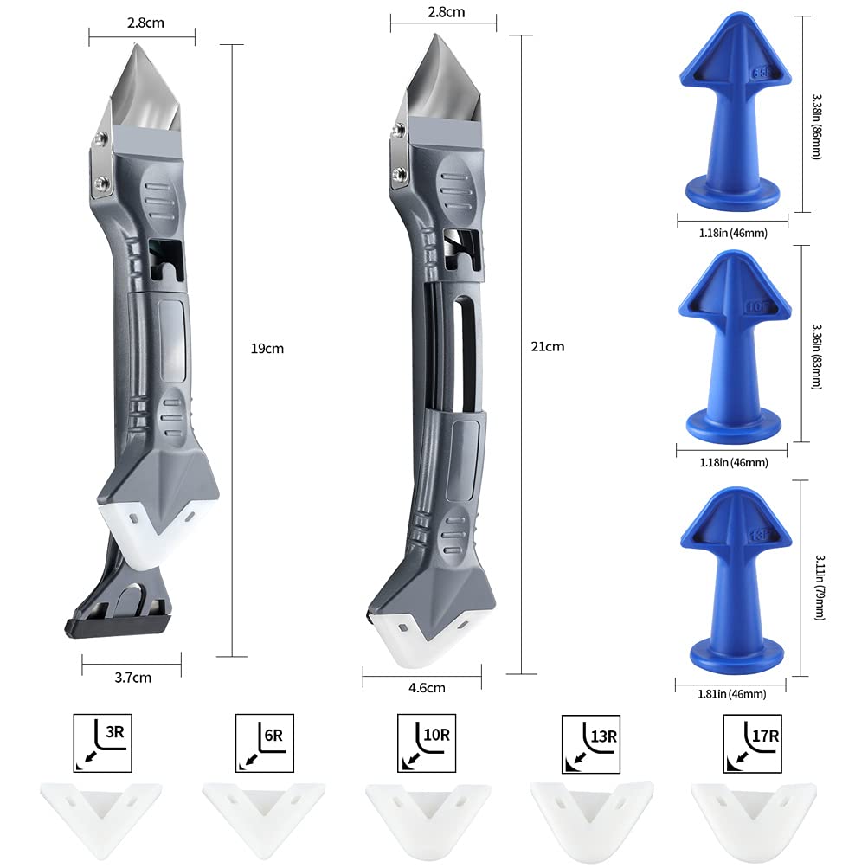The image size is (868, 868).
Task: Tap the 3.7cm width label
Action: pyautogui.click(x=132, y=678)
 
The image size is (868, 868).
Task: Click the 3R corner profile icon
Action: pyautogui.click(x=103, y=743)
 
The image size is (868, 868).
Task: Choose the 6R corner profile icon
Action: pyautogui.click(x=263, y=743)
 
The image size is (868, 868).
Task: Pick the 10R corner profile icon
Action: pyautogui.click(x=427, y=743)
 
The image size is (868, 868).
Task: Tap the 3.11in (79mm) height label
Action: pyautogui.click(x=817, y=577)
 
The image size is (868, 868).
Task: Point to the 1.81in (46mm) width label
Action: pyautogui.click(x=731, y=693)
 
